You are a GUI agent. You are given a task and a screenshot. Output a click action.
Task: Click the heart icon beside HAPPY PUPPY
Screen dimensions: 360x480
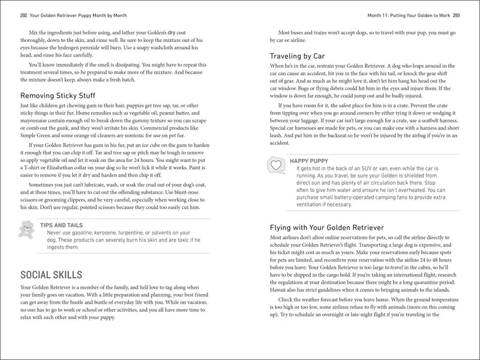(x=276, y=164)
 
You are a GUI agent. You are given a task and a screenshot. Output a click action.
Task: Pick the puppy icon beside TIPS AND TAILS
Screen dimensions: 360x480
(x=27, y=229)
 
